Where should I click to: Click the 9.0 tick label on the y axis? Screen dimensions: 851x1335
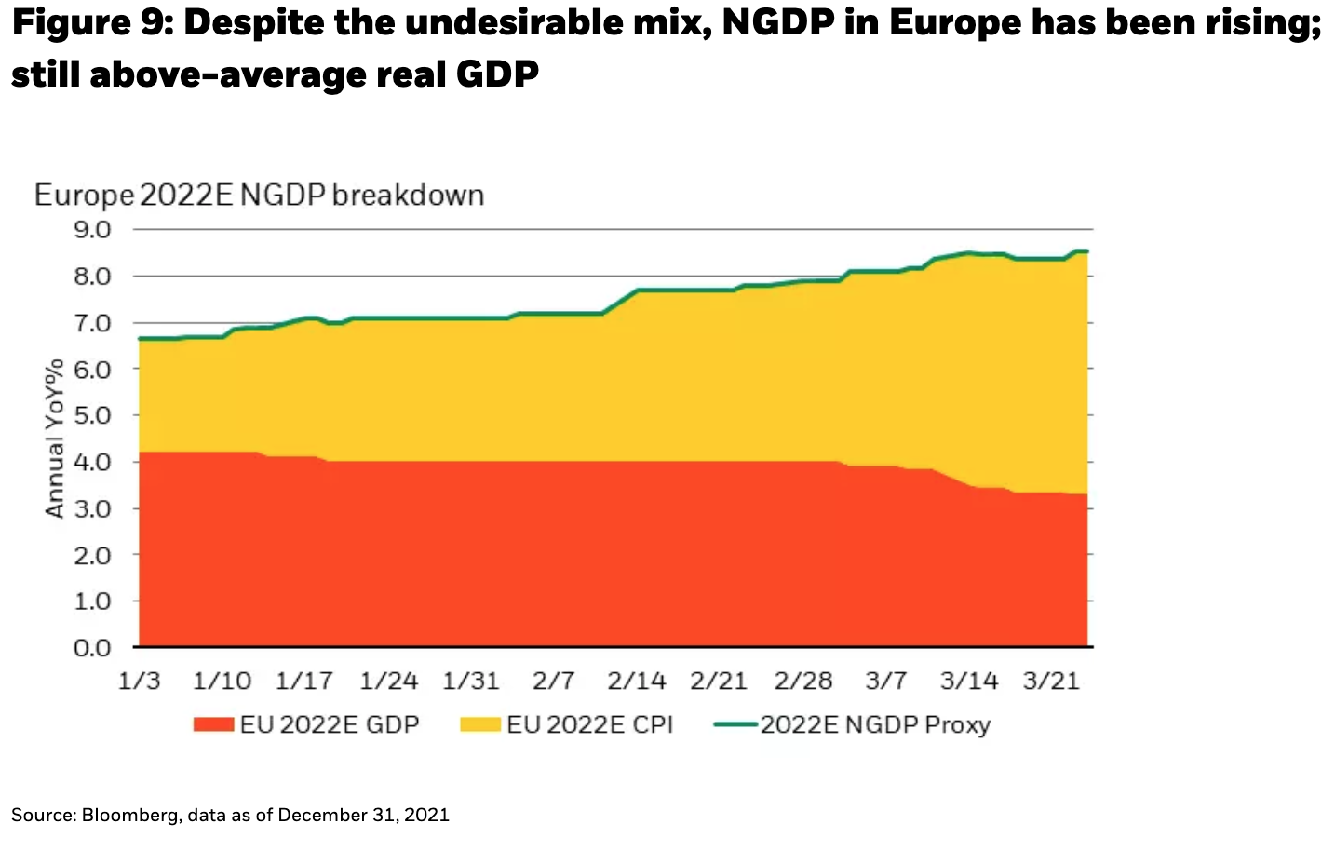coord(91,229)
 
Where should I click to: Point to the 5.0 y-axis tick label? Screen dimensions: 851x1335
coord(91,415)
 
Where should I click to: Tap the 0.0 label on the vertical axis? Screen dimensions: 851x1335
coord(91,647)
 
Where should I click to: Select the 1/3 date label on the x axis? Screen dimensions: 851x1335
coord(140,682)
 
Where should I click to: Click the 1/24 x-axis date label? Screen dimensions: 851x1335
coord(388,682)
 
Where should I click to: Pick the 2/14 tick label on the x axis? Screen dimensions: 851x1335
coord(637,682)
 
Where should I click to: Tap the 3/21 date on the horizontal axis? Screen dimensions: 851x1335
coord(1051,682)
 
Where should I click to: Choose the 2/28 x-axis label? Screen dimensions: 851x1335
coord(803,682)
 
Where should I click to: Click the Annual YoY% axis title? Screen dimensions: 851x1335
coord(55,438)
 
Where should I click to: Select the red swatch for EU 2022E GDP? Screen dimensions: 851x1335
coord(213,724)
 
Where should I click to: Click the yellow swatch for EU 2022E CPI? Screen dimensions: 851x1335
coord(480,724)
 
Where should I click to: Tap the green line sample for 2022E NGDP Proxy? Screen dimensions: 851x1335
coord(735,724)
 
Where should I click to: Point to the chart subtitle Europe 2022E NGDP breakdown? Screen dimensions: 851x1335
coord(259,196)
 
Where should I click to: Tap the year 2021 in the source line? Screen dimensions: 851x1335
coord(426,816)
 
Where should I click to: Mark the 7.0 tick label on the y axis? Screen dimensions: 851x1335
coord(91,323)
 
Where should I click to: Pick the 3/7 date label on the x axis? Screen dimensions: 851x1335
coord(885,682)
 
